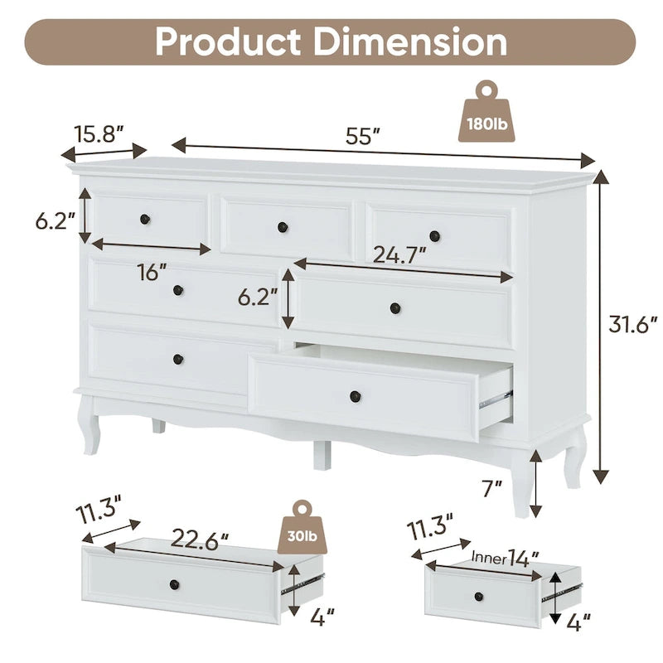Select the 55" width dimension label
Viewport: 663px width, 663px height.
tap(362, 137)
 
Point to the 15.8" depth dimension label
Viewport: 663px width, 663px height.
tap(99, 133)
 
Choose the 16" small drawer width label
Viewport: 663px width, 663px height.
tap(152, 271)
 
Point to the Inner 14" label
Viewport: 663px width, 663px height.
tap(501, 556)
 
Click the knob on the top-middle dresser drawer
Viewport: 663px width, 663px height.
tap(283, 226)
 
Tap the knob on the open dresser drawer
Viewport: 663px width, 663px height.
tap(355, 395)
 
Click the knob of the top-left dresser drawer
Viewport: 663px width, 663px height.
tap(145, 219)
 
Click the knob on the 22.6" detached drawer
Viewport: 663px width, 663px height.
tap(174, 585)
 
